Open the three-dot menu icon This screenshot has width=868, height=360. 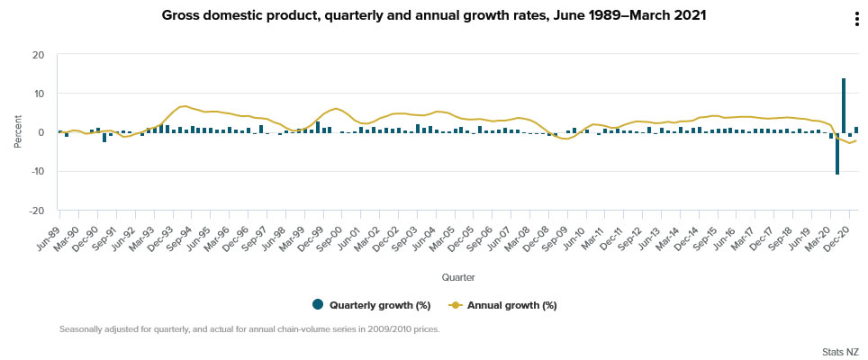(855, 21)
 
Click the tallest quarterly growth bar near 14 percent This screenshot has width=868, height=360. (844, 105)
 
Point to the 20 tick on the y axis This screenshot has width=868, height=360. (39, 55)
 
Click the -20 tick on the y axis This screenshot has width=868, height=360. (37, 211)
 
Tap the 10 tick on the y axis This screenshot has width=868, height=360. (39, 94)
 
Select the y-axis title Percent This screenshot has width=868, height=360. (17, 132)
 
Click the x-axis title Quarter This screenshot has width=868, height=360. (458, 276)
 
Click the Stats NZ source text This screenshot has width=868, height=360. (840, 350)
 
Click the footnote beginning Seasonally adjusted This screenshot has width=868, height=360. (249, 329)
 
